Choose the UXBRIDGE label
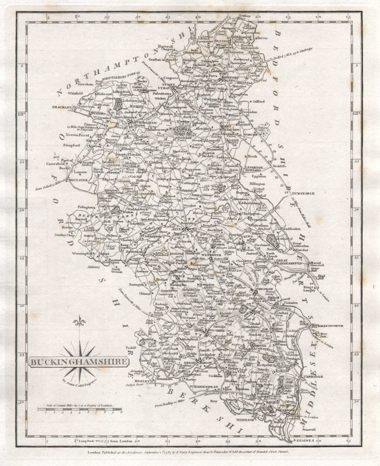(x=312, y=376)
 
